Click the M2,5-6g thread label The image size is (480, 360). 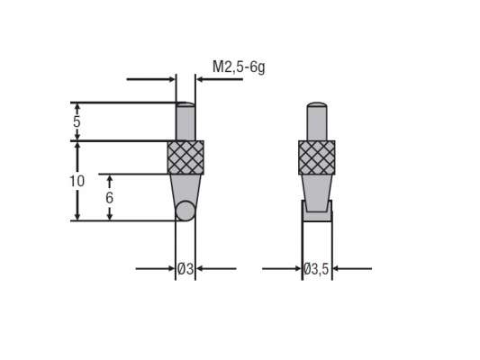pos(239,67)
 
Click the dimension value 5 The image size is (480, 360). pos(77,121)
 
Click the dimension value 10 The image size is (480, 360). pos(77,181)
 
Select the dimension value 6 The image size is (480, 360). pos(109,197)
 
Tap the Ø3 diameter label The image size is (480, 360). pos(185,268)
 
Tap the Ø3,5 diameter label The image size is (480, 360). pos(317,268)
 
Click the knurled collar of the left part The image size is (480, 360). pos(186,157)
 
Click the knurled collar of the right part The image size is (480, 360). pos(316,157)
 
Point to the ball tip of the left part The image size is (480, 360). pos(186,211)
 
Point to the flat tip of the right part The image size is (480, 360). pos(316,212)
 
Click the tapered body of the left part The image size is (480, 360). pos(185,186)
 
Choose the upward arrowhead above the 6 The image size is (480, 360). pos(109,179)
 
